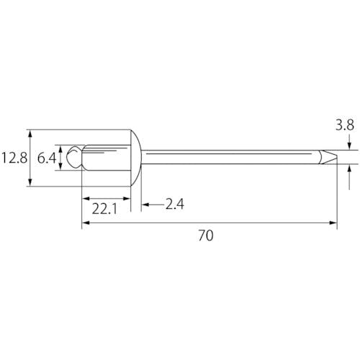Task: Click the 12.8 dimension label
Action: pos(14,158)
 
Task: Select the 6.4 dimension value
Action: pos(47,158)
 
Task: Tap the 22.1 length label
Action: pos(104,209)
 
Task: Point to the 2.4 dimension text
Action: pos(175,204)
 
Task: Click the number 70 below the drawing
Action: pos(206,235)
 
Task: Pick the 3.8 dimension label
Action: pos(345,125)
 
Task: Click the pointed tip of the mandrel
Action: pos(337,157)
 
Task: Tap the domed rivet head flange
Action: pos(136,158)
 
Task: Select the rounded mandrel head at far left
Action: pos(74,157)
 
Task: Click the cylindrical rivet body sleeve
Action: pos(107,158)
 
